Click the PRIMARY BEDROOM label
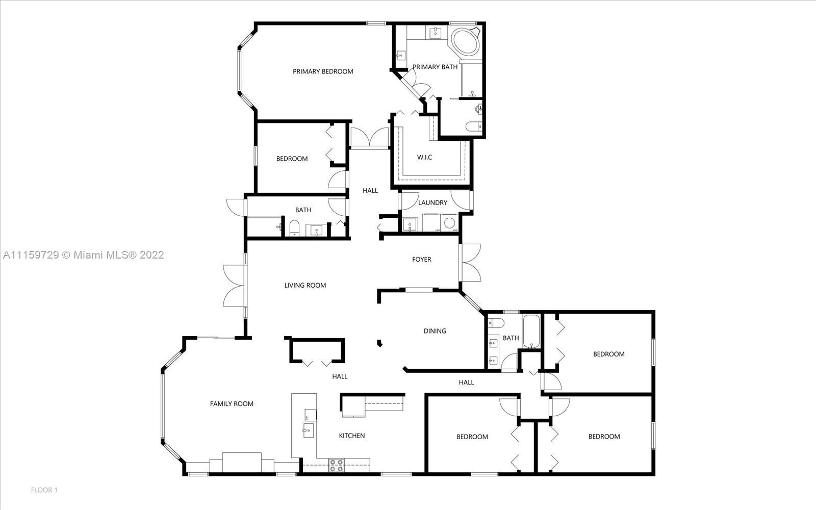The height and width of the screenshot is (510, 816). tap(323, 71)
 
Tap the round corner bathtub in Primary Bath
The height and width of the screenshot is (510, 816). tap(465, 42)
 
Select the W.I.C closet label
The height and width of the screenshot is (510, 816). tap(424, 158)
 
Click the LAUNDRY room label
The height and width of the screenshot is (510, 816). tap(432, 202)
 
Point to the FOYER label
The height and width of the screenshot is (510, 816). tap(421, 260)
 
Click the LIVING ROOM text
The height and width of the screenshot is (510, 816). tap(305, 285)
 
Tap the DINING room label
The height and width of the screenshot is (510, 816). tap(435, 331)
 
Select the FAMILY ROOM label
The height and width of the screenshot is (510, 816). tap(232, 403)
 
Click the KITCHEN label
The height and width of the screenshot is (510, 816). tap(351, 436)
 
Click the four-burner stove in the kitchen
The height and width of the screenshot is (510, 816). tap(336, 466)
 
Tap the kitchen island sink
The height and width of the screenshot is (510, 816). tap(308, 430)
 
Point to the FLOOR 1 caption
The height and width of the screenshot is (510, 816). tap(44, 490)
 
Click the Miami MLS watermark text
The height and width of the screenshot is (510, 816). tap(84, 254)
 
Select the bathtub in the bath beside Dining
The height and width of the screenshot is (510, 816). tap(531, 331)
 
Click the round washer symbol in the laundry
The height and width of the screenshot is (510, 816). tap(449, 222)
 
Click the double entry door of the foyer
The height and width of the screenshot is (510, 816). tap(470, 263)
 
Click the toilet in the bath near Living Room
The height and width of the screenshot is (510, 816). tap(294, 227)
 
